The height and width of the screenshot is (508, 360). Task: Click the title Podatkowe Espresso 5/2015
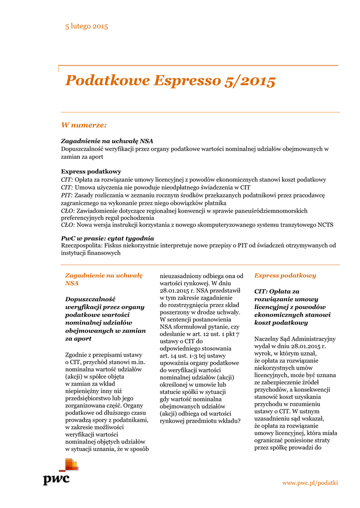pyautogui.click(x=170, y=80)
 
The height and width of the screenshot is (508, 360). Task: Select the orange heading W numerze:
pyautogui.click(x=83, y=125)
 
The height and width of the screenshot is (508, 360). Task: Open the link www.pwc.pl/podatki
pyautogui.click(x=310, y=483)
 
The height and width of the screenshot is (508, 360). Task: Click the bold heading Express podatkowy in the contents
pyautogui.click(x=90, y=171)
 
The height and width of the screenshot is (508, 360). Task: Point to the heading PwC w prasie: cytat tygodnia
pyautogui.click(x=107, y=238)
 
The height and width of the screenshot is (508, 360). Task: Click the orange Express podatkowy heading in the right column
pyautogui.click(x=285, y=275)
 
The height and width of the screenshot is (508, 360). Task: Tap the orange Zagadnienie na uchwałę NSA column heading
pyautogui.click(x=104, y=279)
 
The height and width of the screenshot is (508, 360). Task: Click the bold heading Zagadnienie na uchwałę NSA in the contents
pyautogui.click(x=107, y=141)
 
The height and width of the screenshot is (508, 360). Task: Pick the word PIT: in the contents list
pyautogui.click(x=67, y=195)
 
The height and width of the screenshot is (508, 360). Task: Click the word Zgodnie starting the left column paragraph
pyautogui.click(x=78, y=355)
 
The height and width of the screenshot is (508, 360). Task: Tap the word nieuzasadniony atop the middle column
pyautogui.click(x=184, y=275)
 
